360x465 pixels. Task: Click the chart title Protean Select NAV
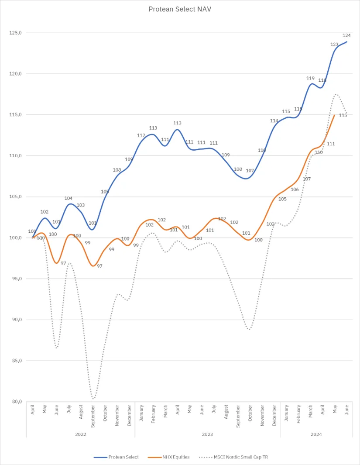point(180,9)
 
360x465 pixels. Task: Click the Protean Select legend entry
point(117,457)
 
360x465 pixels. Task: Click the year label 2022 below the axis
point(81,434)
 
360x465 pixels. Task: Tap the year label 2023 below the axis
point(207,434)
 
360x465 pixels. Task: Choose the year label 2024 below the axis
point(316,434)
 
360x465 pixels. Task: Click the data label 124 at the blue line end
point(347,35)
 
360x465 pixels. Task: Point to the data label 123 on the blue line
point(334,45)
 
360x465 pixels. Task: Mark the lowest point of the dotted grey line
point(93,399)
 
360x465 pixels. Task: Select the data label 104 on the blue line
point(69,198)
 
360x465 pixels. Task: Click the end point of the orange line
point(334,115)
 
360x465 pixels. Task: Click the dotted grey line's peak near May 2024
point(335,94)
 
